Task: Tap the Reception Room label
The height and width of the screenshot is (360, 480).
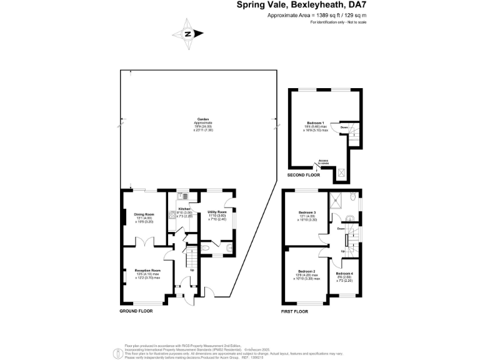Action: (147, 270)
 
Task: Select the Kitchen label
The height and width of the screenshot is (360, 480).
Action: (184, 209)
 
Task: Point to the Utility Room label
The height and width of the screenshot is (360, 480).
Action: (217, 212)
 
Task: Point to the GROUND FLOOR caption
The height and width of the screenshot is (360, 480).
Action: (136, 311)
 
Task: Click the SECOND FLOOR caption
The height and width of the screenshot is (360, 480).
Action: (303, 175)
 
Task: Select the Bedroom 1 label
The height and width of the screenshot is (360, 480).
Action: (316, 122)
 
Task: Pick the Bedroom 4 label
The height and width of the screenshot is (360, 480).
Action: (344, 274)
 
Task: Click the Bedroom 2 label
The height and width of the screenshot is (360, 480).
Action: (306, 271)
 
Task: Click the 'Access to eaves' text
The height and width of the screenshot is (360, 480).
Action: (323, 161)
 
